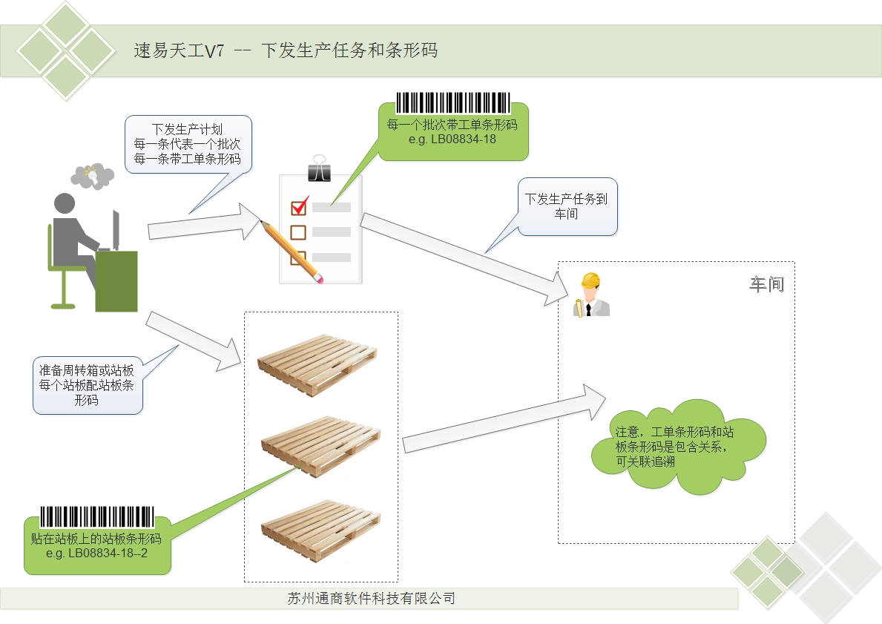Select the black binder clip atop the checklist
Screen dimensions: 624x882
[x=320, y=169]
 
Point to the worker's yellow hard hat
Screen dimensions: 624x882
[x=590, y=281]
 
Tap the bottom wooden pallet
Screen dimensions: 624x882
[x=320, y=528]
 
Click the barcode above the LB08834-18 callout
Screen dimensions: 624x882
[x=452, y=102]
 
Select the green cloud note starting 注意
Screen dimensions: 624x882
[x=677, y=446]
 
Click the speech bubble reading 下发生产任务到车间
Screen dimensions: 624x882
[x=567, y=207]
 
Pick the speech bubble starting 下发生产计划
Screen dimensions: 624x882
[x=187, y=144]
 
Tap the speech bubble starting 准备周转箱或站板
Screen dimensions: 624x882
[x=87, y=384]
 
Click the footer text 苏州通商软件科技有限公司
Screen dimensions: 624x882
[x=371, y=598]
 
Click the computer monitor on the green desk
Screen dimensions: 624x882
[x=116, y=230]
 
